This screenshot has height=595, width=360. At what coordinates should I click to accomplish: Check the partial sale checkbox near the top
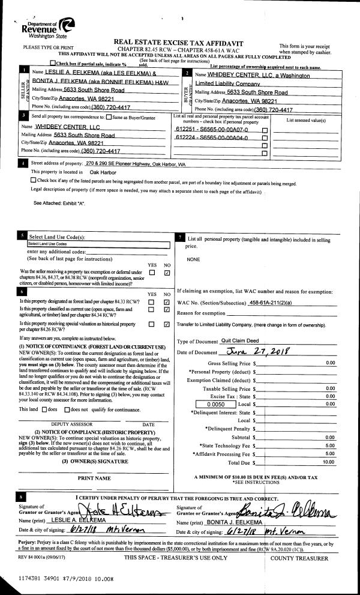click(54, 63)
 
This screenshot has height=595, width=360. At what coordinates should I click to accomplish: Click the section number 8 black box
click(23, 498)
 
